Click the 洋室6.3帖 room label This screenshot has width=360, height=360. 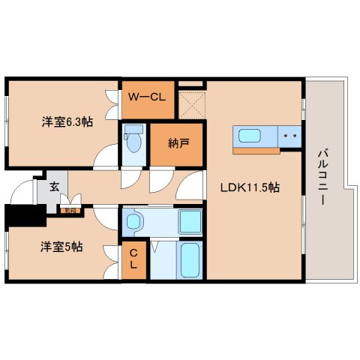coord(67,121)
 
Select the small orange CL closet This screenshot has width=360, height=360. coord(133,259)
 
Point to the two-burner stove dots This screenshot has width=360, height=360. coord(290,137)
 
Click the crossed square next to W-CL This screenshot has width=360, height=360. coord(191,104)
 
